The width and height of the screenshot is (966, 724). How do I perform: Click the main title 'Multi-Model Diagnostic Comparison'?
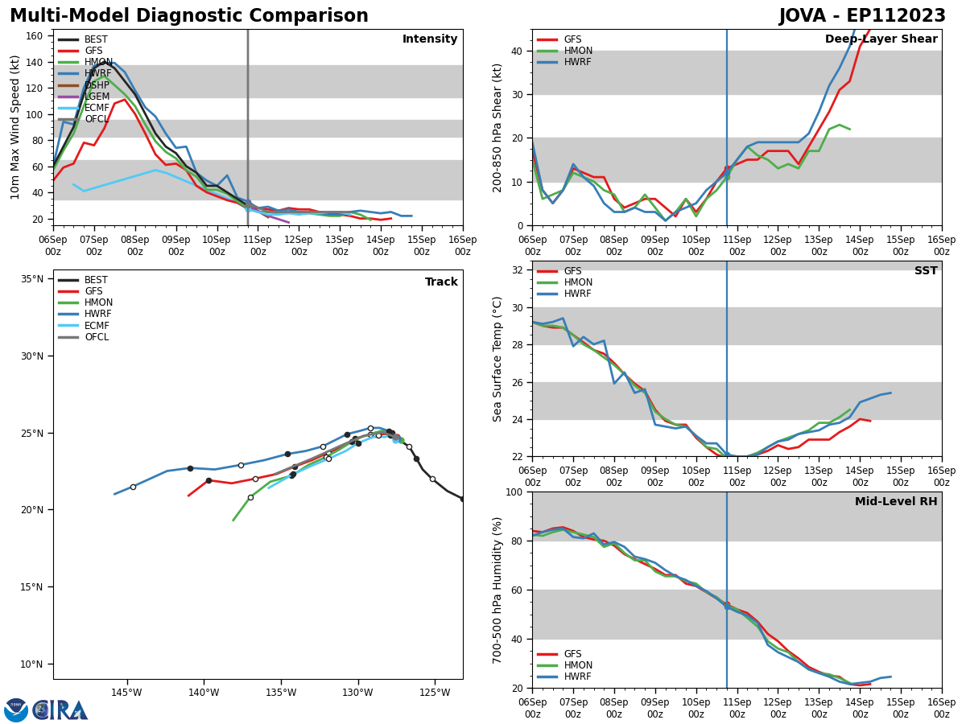tap(189, 16)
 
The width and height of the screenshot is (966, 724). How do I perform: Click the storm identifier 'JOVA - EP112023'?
tap(862, 16)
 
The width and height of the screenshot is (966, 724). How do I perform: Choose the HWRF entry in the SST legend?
tap(578, 294)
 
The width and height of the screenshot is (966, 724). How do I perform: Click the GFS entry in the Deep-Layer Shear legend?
tap(572, 39)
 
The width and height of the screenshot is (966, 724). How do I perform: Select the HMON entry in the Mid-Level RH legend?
tap(578, 665)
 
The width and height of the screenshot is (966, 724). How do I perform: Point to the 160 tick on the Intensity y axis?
tap(35, 36)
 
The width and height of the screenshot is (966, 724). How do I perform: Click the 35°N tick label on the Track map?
tap(32, 279)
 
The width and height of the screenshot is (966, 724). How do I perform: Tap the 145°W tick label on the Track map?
tap(126, 693)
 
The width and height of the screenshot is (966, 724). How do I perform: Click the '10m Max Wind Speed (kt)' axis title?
tap(15, 127)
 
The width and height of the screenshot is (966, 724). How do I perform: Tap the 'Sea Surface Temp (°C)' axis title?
tap(497, 359)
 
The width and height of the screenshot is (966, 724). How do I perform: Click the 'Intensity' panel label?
tap(430, 39)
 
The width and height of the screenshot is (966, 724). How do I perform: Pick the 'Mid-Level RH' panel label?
tap(896, 502)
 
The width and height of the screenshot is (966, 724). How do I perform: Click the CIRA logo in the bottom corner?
tap(60, 710)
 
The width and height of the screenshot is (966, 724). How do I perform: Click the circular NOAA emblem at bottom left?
tap(16, 710)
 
